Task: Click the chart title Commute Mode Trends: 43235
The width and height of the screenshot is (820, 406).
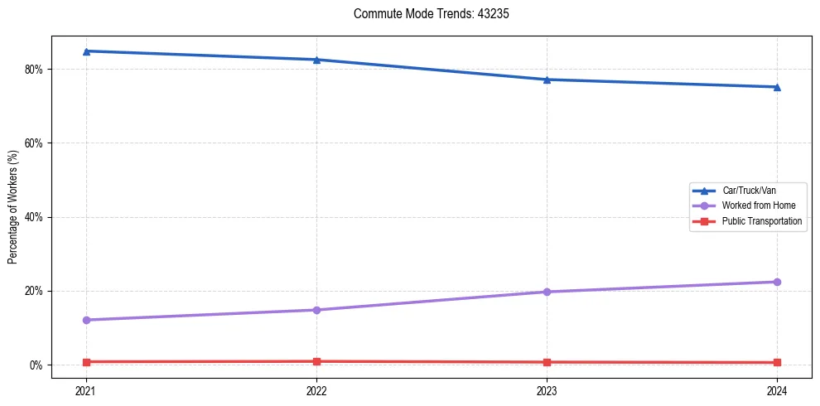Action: point(425,14)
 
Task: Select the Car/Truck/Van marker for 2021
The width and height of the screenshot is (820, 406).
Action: point(86,51)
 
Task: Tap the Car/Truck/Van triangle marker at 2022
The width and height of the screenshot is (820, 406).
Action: point(316,60)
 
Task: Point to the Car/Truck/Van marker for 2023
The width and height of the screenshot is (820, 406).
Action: point(547,80)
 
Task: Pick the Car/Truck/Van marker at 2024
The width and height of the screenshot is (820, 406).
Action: point(777,87)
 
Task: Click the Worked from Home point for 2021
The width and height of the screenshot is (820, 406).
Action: point(86,320)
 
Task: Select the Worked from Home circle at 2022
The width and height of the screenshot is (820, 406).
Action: point(316,310)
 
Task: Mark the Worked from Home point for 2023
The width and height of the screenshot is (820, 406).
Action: point(547,292)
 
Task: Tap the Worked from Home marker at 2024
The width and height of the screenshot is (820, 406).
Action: point(777,282)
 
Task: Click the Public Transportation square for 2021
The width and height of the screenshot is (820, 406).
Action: point(86,362)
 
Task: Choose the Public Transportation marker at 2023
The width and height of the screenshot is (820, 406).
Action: point(547,362)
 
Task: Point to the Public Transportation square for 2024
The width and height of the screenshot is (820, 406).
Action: point(777,363)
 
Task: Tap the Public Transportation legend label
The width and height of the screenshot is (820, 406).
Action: point(762,221)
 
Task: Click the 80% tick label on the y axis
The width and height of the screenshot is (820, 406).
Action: point(35,70)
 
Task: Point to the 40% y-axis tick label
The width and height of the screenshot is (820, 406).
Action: point(35,217)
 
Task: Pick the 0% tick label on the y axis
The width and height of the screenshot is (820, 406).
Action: point(37,365)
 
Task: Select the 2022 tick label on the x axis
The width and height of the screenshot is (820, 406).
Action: point(316,390)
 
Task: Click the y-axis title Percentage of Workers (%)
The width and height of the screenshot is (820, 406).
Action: point(13,207)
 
